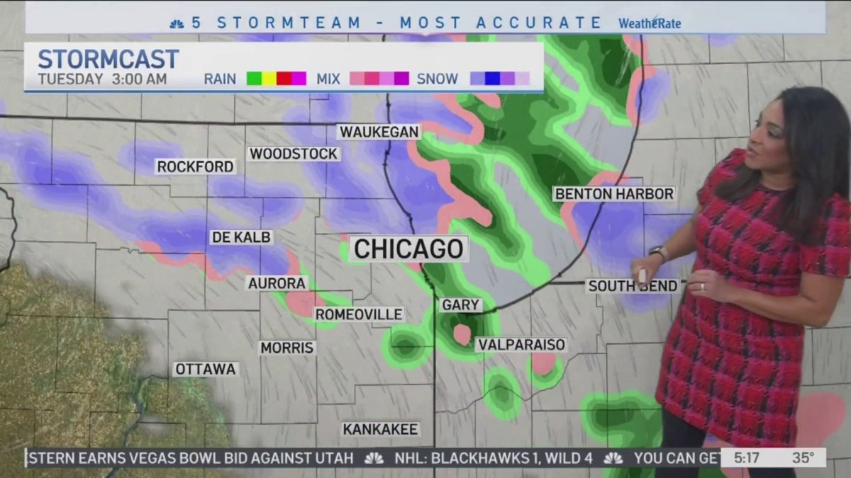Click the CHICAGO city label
coord(408,249)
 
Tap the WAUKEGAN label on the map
coord(379,132)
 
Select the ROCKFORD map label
coord(195,166)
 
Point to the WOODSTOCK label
coord(294,154)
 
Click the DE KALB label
coord(241,237)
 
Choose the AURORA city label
coord(277,283)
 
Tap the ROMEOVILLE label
coord(359,314)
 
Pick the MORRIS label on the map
coord(287,348)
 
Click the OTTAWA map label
coord(206,369)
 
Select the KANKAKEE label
coord(381,429)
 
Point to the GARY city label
coord(461,305)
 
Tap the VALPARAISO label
coord(521,345)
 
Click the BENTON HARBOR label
coord(614,193)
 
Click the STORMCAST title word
coord(108,59)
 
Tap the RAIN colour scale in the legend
coord(276,79)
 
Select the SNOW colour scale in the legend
coord(500,79)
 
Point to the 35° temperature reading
coord(803,458)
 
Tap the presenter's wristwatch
coord(659,253)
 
